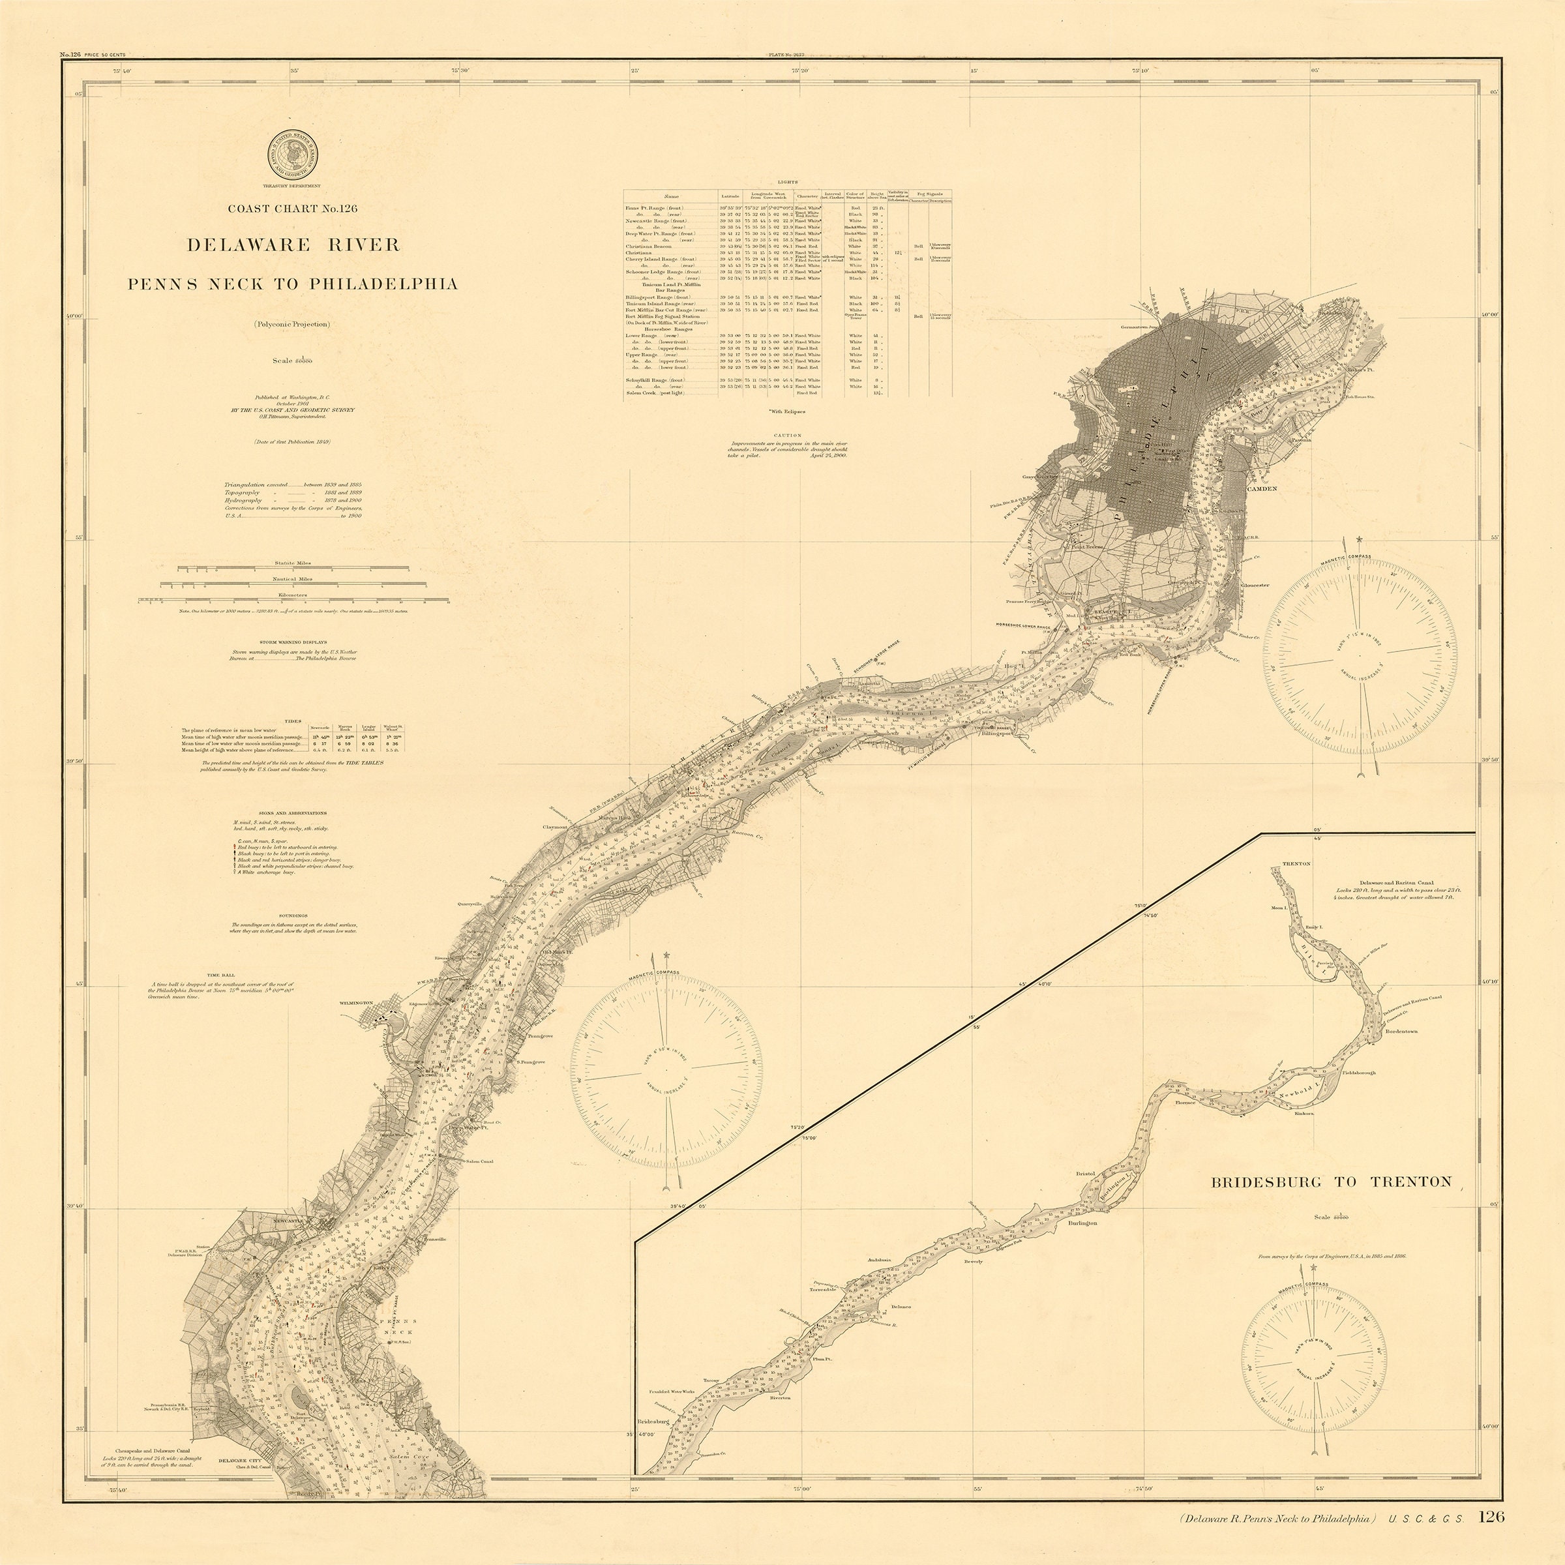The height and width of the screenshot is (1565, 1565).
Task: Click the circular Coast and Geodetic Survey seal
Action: click(292, 157)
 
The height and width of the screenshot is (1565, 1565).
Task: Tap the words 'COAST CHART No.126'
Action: click(292, 208)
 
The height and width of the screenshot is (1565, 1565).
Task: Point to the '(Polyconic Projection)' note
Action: click(291, 324)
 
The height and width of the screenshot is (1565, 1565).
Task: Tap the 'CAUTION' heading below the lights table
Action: click(786, 436)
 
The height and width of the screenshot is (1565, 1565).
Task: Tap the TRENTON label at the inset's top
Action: click(1296, 863)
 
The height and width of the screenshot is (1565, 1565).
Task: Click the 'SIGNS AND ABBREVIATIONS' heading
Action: click(292, 812)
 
